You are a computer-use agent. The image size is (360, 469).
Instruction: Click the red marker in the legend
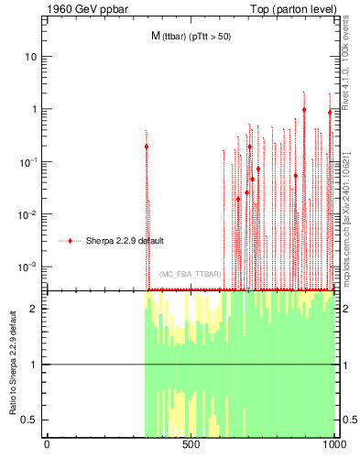pyautogui.click(x=71, y=241)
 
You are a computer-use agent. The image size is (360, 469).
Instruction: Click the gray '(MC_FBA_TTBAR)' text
pyautogui.click(x=189, y=274)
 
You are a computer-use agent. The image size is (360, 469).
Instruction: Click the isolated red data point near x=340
pyautogui.click(x=146, y=147)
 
